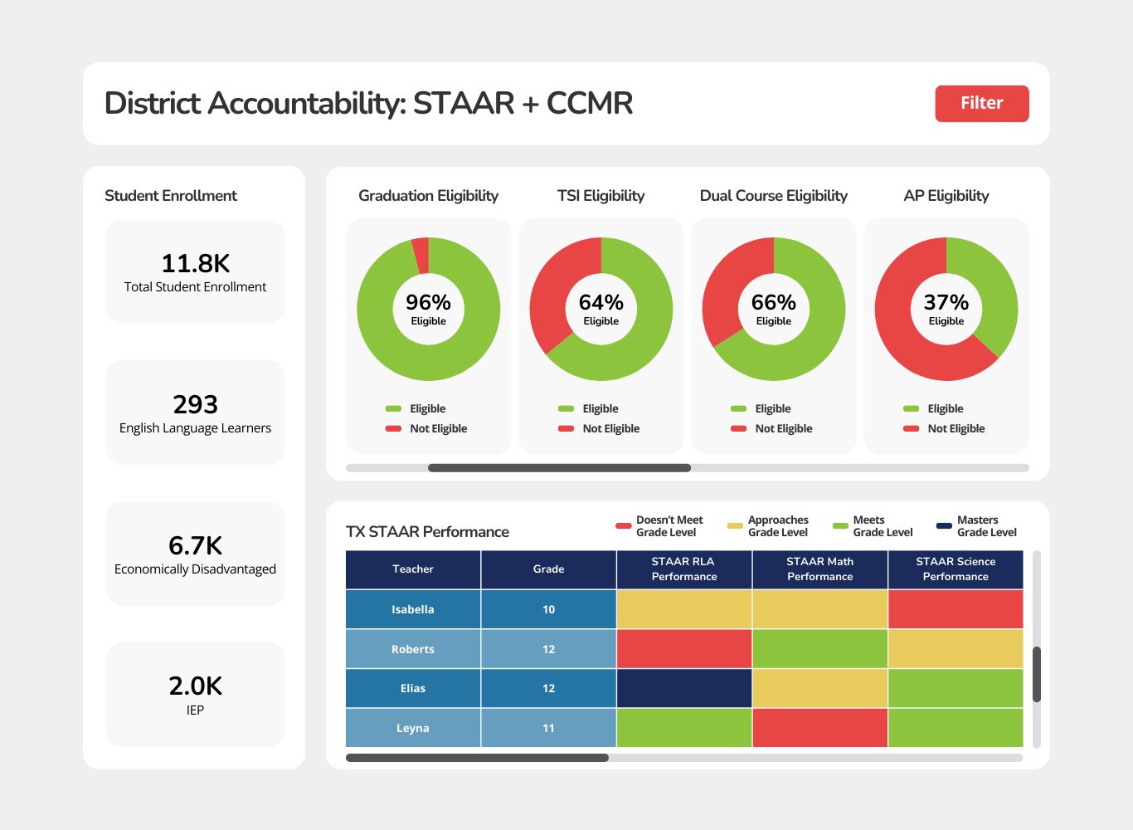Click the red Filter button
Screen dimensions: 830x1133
click(981, 104)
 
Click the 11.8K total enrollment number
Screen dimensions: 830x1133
click(195, 264)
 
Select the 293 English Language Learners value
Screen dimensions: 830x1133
click(195, 404)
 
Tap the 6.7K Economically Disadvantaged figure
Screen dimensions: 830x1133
click(195, 545)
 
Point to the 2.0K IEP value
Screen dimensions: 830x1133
click(195, 686)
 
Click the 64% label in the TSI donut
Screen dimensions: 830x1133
click(601, 302)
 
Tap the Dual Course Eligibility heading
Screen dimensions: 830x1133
click(773, 196)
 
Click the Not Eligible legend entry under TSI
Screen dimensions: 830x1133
click(610, 428)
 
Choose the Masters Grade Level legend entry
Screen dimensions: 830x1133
click(977, 526)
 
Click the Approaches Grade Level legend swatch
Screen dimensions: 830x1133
click(735, 526)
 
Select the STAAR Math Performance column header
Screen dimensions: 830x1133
click(819, 569)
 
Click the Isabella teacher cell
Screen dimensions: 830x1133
click(413, 609)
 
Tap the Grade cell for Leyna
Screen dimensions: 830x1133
click(548, 728)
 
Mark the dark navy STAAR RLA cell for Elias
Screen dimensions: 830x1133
click(684, 688)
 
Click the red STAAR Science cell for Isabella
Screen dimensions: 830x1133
click(956, 609)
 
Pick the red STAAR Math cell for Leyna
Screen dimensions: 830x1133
click(819, 728)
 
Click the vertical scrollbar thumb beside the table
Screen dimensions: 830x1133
click(1036, 674)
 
